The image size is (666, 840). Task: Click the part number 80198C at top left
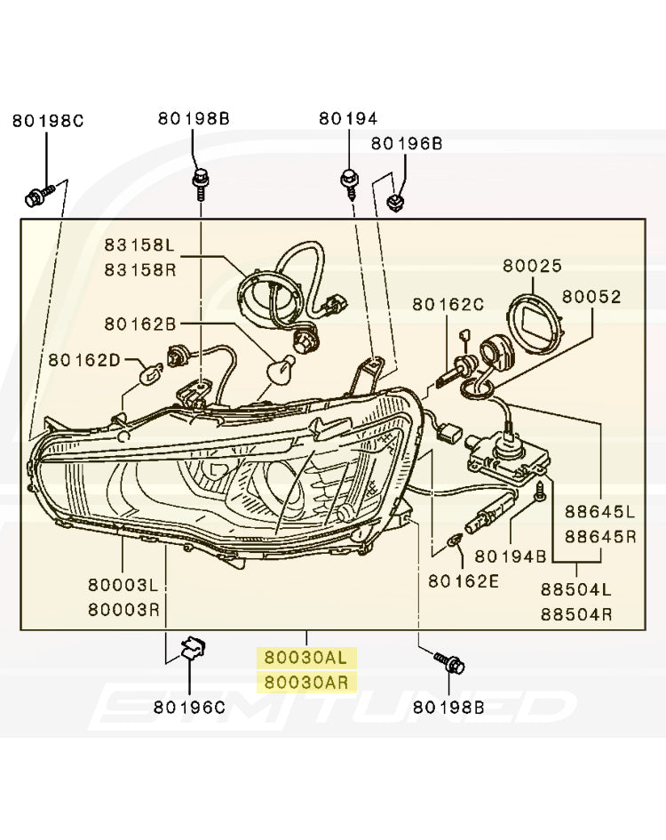tap(48, 120)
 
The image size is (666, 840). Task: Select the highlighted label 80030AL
tap(305, 659)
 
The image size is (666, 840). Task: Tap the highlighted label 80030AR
tap(305, 683)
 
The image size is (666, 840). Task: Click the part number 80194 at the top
tap(348, 118)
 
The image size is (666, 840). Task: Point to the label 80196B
tap(406, 143)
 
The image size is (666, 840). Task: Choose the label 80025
tap(532, 265)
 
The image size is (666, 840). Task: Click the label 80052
tap(591, 297)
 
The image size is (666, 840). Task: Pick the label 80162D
tap(83, 359)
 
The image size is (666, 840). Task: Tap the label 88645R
tap(600, 536)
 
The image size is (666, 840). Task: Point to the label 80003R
tap(123, 610)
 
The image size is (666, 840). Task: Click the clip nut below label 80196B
tap(397, 205)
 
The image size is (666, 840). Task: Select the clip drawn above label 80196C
tap(192, 649)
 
